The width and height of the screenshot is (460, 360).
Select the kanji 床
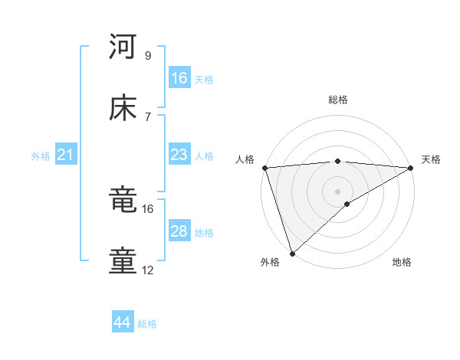(123, 109)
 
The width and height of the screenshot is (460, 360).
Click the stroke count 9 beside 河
(148, 55)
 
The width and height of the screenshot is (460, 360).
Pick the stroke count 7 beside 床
(148, 116)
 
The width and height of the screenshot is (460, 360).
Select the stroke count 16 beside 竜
(148, 208)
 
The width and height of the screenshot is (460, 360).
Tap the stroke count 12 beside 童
(148, 270)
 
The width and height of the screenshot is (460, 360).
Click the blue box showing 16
(179, 78)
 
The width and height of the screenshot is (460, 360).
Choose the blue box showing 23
(179, 155)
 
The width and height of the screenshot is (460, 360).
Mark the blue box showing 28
(179, 231)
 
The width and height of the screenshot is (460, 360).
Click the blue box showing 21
(66, 155)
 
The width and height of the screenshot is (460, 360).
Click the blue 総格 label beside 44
(148, 324)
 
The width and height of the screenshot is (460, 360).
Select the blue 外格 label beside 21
(41, 156)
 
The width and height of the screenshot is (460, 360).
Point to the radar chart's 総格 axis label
(338, 100)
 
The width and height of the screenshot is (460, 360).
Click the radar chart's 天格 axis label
(431, 159)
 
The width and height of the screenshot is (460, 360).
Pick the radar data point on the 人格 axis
(264, 168)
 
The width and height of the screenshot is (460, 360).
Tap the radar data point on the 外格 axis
(292, 254)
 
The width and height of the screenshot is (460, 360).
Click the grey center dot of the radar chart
(338, 191)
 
